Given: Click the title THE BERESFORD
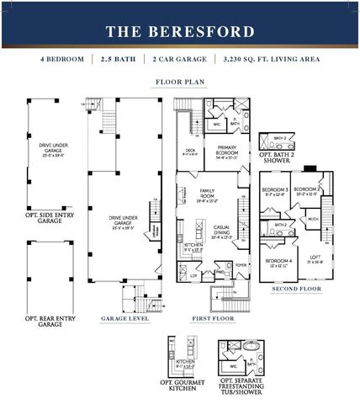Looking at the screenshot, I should click(179, 32).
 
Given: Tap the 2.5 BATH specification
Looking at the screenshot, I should click(118, 61).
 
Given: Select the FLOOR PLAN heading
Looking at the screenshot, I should click(179, 82).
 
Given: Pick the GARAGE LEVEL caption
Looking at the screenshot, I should click(126, 320).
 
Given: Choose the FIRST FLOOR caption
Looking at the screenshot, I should click(207, 320).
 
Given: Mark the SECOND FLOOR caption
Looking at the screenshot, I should click(295, 290).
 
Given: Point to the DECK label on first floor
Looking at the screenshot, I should click(189, 151).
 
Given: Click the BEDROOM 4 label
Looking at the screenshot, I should click(279, 261).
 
